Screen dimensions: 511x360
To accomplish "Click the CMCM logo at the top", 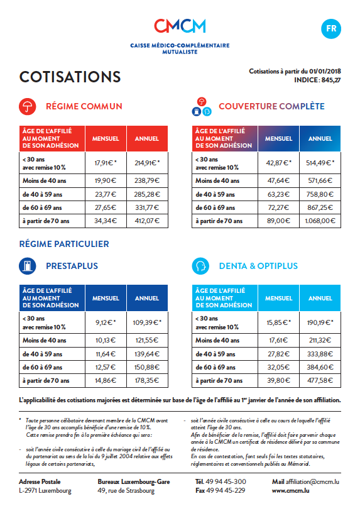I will [180, 26].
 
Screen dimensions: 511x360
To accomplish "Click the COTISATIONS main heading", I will [70, 77].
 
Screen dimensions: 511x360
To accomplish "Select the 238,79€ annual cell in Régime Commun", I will [147, 180].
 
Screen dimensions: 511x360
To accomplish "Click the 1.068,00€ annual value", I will [320, 221].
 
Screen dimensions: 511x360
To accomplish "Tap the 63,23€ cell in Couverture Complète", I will [278, 194].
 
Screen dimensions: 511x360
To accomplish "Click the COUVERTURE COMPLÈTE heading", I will [271, 106].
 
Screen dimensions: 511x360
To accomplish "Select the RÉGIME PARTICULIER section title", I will [64, 244].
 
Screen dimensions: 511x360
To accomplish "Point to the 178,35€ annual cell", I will [147, 380].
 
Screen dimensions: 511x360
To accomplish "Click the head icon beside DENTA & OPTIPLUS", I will [200, 266].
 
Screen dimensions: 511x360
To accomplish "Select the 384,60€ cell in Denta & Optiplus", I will [320, 366].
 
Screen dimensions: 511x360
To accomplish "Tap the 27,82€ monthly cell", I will [278, 353].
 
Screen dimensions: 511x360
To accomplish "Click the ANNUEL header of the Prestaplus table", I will [147, 299].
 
